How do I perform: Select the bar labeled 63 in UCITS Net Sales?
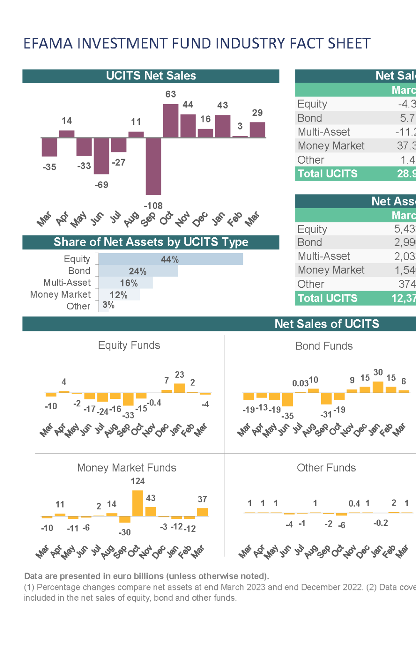point(171,121)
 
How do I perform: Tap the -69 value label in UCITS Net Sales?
point(101,185)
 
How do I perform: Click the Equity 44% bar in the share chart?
point(171,259)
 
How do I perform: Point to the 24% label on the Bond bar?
point(137,271)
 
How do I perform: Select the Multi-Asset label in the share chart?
point(67,283)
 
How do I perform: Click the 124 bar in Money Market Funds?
point(138,503)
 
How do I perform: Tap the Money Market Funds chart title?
point(126,468)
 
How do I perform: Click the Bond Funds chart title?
point(324,346)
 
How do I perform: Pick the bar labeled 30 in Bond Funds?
point(378,387)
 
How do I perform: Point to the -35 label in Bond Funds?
point(287,416)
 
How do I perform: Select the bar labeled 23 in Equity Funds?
point(179,388)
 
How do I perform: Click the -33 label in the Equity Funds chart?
point(128,415)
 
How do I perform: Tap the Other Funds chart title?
point(326,468)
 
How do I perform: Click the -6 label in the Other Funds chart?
point(342,525)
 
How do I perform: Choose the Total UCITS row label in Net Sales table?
point(327,174)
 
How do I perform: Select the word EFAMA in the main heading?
point(48,43)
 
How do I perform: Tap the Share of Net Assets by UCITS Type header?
point(151,242)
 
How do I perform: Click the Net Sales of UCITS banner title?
point(327,324)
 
